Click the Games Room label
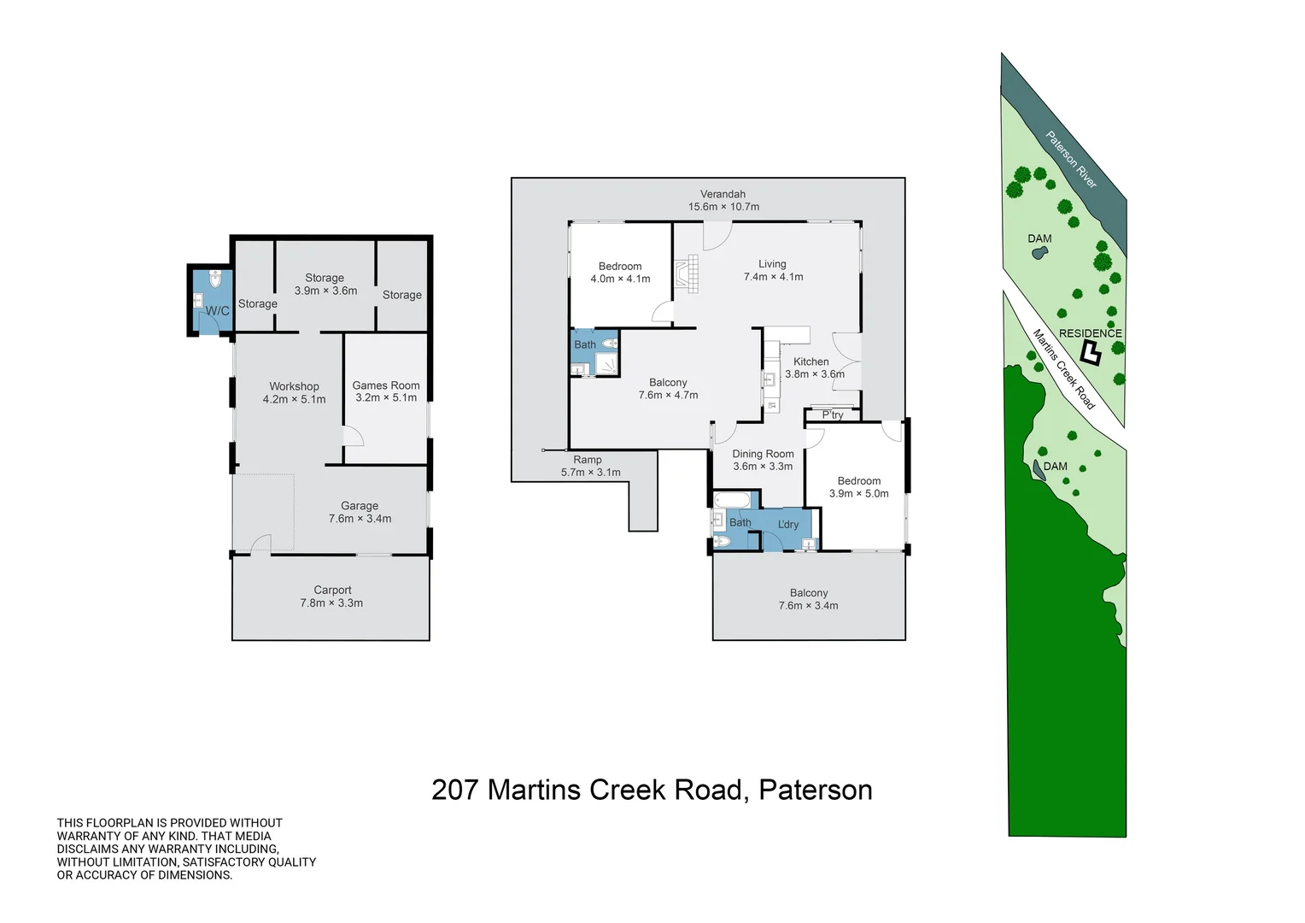[386, 385]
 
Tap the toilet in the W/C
[215, 279]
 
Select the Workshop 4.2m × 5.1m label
[294, 393]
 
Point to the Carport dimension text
[331, 603]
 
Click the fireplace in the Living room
[687, 273]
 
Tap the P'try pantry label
[833, 414]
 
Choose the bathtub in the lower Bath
[732, 500]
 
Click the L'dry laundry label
[788, 524]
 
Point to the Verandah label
[723, 194]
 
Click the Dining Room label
[763, 454]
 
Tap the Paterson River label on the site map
[1071, 159]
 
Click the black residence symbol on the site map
[1090, 353]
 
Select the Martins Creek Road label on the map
[1064, 369]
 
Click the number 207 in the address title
[455, 790]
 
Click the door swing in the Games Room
[354, 436]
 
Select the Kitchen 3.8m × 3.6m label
[814, 367]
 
